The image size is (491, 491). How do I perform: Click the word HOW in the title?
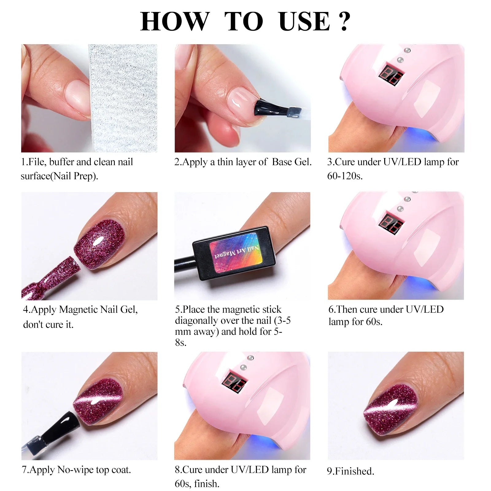tap(174, 21)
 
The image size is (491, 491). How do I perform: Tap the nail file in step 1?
tap(123, 98)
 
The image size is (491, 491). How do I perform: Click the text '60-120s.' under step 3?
tap(345, 176)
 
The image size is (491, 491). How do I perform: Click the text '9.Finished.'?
tap(350, 471)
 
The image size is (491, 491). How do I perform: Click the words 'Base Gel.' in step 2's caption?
tap(292, 162)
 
